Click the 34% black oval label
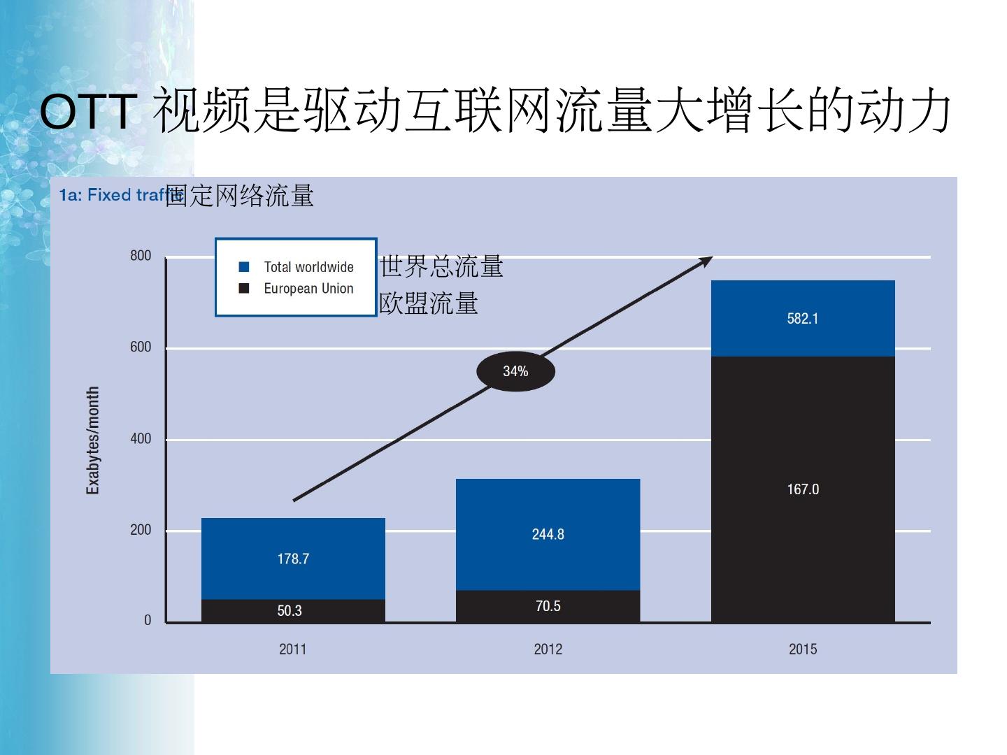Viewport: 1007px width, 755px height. (515, 371)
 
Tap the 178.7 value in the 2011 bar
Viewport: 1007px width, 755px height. (293, 559)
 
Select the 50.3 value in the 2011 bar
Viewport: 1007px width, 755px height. (290, 611)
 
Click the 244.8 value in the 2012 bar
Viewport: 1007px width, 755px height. (548, 534)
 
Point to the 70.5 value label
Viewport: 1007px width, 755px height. (548, 606)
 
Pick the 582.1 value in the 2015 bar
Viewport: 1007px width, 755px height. (802, 319)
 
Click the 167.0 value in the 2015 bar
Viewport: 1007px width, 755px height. (803, 489)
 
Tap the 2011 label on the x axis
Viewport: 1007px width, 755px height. (292, 649)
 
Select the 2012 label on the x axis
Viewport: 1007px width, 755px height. (548, 649)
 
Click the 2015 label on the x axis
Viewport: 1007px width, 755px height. (803, 649)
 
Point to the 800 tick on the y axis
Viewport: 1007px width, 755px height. (141, 256)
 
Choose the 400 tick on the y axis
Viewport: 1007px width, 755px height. (141, 439)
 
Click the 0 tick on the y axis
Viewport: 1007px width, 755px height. (148, 621)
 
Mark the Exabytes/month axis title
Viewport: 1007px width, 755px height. (92, 440)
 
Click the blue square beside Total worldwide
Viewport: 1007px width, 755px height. (244, 267)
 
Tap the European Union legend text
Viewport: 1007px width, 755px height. (308, 289)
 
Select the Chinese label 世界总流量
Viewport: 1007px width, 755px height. (441, 266)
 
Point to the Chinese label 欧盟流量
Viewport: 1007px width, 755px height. (429, 303)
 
